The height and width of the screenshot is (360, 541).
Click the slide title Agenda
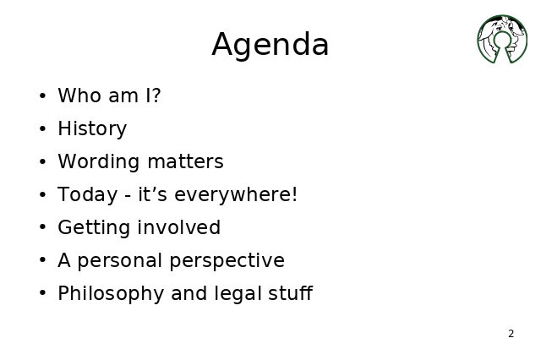click(270, 45)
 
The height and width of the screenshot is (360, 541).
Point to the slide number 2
click(511, 334)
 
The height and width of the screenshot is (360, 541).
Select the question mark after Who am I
click(156, 95)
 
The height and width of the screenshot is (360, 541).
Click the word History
click(92, 129)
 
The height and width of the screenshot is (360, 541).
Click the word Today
click(88, 195)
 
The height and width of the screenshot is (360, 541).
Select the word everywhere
click(233, 195)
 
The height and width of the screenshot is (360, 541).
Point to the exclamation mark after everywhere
click(294, 194)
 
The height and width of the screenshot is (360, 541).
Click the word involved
click(178, 227)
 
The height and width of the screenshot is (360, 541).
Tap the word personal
click(120, 260)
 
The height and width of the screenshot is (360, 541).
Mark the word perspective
click(227, 260)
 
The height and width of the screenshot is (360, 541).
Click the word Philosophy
click(111, 294)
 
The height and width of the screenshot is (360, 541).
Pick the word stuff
click(291, 293)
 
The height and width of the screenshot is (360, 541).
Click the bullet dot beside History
click(43, 129)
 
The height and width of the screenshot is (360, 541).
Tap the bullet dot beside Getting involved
click(43, 227)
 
